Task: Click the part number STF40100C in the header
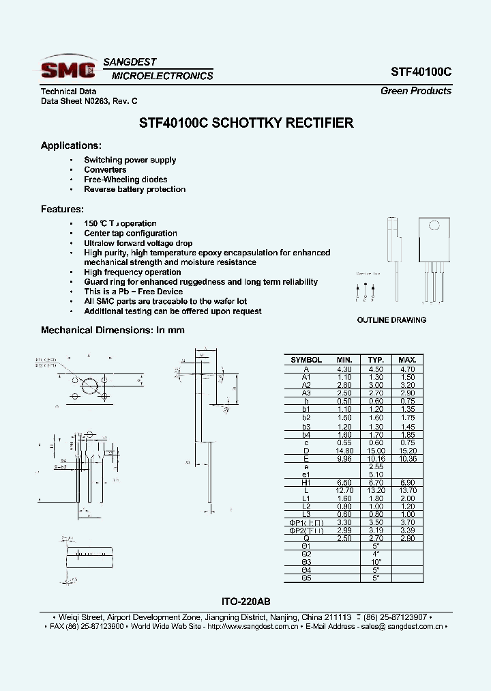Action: click(421, 72)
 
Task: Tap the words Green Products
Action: click(415, 91)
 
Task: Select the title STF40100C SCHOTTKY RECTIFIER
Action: click(246, 124)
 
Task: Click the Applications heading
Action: click(71, 145)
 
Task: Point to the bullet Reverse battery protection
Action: click(134, 189)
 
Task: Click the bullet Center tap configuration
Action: click(130, 234)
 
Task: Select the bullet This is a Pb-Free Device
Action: click(133, 292)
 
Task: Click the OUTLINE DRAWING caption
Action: click(391, 320)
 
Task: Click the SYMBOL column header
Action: click(306, 360)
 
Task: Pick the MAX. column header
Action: click(407, 360)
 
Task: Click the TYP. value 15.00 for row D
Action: click(376, 451)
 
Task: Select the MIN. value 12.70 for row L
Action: click(344, 491)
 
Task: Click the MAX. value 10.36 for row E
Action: click(407, 459)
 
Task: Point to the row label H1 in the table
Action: click(306, 483)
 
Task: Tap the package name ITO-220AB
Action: click(246, 602)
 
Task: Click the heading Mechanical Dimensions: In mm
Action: click(113, 330)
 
